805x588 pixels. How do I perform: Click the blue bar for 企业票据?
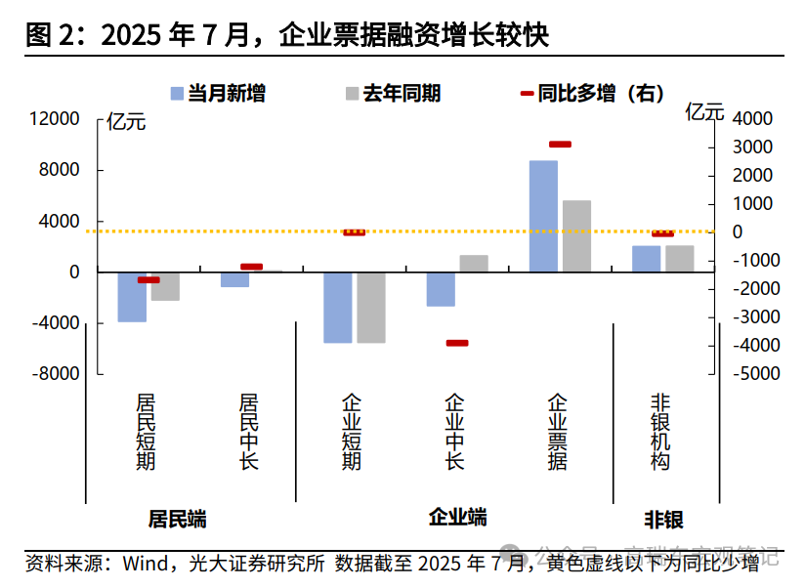tap(543, 216)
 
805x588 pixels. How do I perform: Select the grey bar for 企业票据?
tap(576, 235)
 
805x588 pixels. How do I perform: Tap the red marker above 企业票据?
tap(560, 145)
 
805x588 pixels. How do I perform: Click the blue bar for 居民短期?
tap(132, 297)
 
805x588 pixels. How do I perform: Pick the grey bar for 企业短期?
tap(371, 308)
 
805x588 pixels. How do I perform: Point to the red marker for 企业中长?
tap(456, 343)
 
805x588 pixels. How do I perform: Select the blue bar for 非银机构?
tap(646, 259)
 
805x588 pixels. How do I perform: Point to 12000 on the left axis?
tap(55, 119)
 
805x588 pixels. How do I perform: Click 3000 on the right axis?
tap(752, 147)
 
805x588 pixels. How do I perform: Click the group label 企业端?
tap(457, 517)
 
